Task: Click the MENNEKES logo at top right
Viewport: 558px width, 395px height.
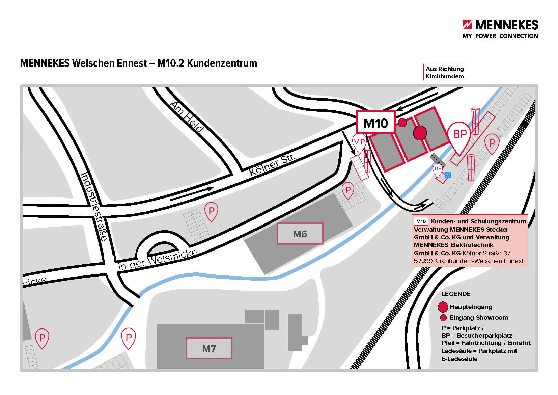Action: pyautogui.click(x=500, y=29)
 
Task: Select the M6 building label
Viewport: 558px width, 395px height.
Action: pyautogui.click(x=300, y=234)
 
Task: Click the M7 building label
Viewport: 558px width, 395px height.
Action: pyautogui.click(x=209, y=348)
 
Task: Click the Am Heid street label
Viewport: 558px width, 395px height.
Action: pyautogui.click(x=187, y=117)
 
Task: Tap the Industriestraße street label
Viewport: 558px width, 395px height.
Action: pyautogui.click(x=94, y=206)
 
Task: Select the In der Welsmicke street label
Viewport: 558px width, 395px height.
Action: pyautogui.click(x=158, y=260)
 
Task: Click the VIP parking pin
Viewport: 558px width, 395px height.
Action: pyautogui.click(x=360, y=143)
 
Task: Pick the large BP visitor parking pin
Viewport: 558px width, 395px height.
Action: pyautogui.click(x=459, y=137)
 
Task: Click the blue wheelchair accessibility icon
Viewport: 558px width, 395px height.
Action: pyautogui.click(x=448, y=174)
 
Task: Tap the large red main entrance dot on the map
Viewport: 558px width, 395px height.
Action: pyautogui.click(x=420, y=133)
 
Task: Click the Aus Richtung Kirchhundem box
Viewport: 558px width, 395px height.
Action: pyautogui.click(x=445, y=72)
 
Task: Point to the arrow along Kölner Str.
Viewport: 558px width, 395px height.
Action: pyautogui.click(x=192, y=193)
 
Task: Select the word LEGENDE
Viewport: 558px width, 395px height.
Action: pyautogui.click(x=456, y=294)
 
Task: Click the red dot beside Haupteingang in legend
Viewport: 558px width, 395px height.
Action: pyautogui.click(x=443, y=307)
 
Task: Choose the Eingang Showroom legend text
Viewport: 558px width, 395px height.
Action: pyautogui.click(x=478, y=317)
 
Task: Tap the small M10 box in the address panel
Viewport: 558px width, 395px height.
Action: pyautogui.click(x=421, y=221)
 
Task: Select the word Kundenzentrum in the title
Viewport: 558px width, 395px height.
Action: pyautogui.click(x=222, y=63)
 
